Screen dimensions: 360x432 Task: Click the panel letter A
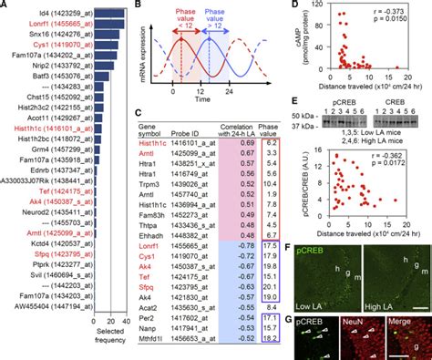(x=6, y=6)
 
